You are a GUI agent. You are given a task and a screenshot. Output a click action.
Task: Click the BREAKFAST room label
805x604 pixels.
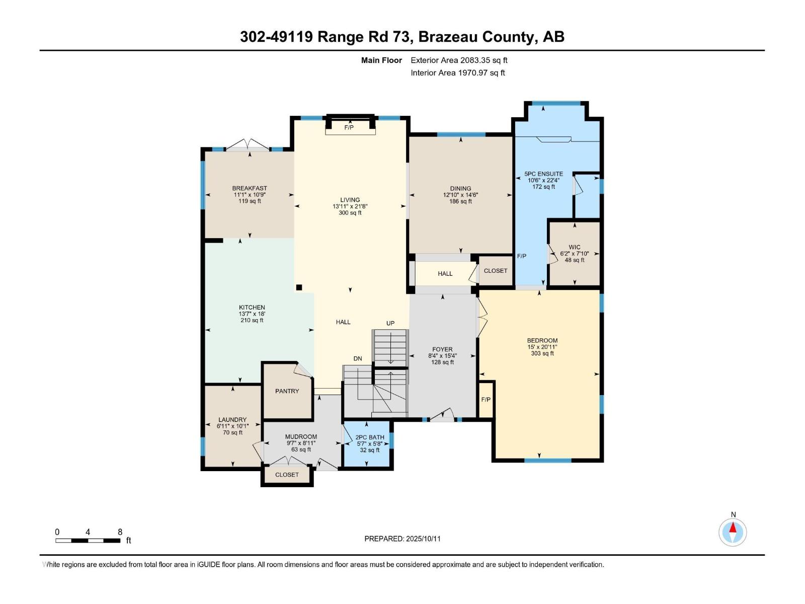250,188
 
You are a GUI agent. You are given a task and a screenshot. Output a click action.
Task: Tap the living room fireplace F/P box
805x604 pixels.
350,127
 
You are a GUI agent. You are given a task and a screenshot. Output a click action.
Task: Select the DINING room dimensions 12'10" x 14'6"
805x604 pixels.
460,195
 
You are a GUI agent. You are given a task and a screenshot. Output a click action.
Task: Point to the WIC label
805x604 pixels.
574,247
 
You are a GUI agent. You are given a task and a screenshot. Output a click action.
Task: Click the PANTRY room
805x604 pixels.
287,391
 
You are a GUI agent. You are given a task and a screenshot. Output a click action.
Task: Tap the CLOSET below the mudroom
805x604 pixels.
287,475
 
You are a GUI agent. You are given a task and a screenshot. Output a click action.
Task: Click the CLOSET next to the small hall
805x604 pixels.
495,271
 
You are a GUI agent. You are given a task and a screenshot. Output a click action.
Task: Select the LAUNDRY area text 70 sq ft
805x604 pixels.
232,432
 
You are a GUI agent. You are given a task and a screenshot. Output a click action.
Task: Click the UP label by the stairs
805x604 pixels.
390,323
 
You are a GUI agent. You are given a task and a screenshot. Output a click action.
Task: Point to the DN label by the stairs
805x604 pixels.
358,359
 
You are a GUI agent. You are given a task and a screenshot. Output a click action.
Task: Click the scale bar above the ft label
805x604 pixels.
88,541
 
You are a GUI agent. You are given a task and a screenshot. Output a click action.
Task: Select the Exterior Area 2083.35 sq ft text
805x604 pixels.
459,60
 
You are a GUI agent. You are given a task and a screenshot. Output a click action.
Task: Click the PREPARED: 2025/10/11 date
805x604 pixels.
403,539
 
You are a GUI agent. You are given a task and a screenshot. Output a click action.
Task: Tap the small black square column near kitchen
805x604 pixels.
299,287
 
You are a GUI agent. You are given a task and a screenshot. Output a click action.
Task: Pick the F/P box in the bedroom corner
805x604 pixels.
486,400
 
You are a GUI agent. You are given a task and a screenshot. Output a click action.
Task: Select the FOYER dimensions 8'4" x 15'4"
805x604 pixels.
442,356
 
